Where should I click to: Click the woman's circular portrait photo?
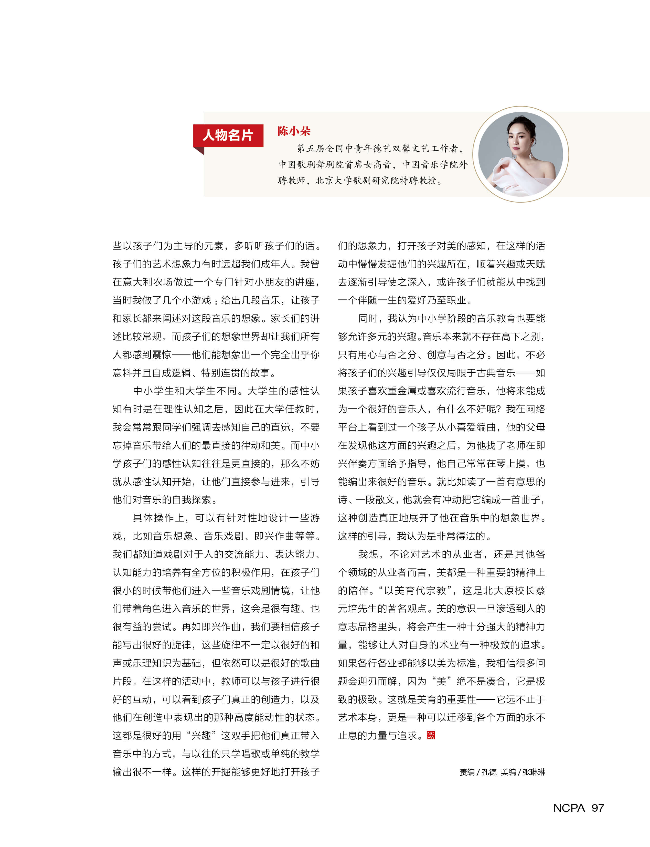point(520,154)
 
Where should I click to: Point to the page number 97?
point(598,808)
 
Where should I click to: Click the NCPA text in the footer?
point(569,808)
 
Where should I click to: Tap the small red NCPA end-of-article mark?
point(431,735)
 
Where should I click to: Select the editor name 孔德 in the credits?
point(489,772)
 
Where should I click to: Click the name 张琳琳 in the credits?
point(534,772)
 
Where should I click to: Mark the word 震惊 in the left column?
point(162,354)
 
